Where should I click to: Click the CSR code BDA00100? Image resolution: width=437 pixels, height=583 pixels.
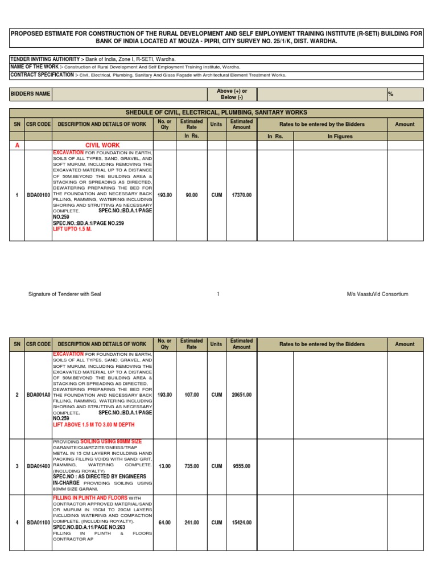(38, 195)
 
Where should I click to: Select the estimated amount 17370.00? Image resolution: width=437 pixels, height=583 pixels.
(241, 195)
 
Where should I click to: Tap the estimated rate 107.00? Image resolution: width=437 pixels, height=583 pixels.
(191, 395)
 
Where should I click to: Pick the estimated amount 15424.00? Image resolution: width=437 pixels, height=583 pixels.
(241, 523)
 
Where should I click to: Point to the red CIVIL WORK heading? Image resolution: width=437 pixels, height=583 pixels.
(102, 146)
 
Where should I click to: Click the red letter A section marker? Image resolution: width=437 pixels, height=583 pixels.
(17, 146)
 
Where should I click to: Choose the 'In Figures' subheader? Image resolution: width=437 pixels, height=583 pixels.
(340, 137)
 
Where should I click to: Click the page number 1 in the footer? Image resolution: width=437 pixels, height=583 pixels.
(218, 294)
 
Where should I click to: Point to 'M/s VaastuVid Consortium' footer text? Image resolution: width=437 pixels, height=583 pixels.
(377, 294)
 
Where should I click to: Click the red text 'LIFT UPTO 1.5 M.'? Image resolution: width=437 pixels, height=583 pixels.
(72, 229)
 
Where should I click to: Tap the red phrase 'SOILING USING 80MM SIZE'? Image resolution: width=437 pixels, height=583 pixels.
(111, 442)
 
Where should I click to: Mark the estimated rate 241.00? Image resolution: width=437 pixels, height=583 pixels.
(191, 523)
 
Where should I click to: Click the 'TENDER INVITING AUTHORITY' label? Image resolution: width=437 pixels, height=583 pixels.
(44, 59)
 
